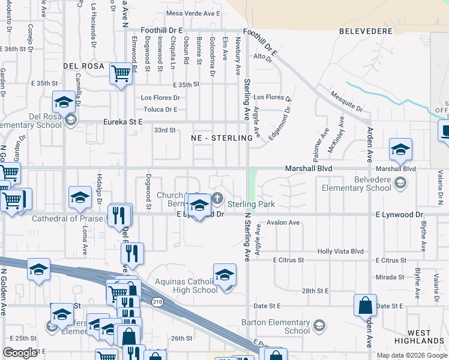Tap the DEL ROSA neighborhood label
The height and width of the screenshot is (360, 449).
(x=84, y=65)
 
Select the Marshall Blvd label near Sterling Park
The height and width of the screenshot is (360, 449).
(x=309, y=169)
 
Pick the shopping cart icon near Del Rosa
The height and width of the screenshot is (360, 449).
(x=121, y=74)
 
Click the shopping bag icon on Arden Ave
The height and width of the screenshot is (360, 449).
(x=365, y=305)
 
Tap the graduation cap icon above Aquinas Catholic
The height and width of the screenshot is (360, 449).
(x=224, y=275)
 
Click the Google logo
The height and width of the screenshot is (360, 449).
(x=20, y=353)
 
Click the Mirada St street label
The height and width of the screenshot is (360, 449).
(x=389, y=277)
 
